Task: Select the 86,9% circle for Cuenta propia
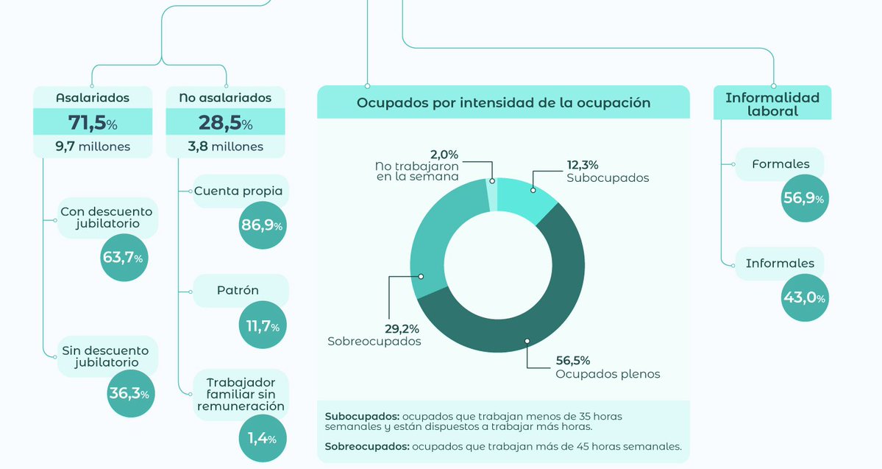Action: coord(263,225)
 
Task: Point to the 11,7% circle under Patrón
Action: coord(263,326)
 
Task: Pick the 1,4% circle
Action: coord(263,439)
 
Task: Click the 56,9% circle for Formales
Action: coord(804,198)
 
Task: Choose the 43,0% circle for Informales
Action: coord(804,298)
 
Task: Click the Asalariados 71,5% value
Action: coord(93,122)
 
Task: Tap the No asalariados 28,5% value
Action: coord(225,122)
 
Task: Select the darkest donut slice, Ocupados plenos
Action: coord(537,309)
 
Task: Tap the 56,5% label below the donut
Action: coord(572,360)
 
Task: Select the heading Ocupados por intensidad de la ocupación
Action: coord(503,102)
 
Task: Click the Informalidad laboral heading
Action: coord(772,104)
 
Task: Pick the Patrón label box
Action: coord(238,290)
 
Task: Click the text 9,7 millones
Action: coord(93,147)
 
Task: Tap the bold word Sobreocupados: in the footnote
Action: coord(366,445)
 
